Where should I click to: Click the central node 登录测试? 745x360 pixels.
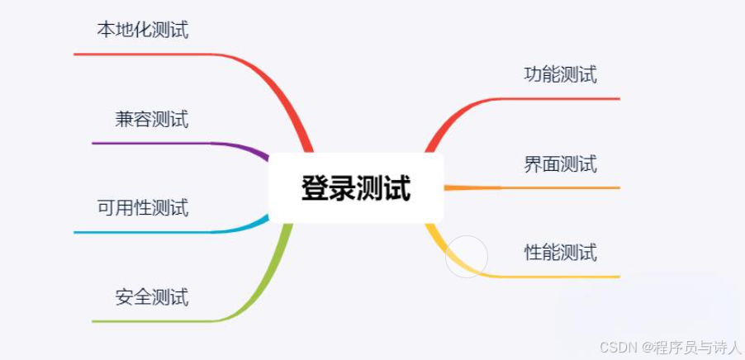click(356, 187)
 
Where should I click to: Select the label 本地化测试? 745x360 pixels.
click(143, 31)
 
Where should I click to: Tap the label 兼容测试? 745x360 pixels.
click(152, 119)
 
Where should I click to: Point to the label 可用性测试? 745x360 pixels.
click(143, 207)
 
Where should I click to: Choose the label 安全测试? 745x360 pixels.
click(152, 296)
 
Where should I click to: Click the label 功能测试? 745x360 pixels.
click(560, 74)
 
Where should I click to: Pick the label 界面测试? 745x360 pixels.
click(560, 163)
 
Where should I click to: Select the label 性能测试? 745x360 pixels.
click(560, 252)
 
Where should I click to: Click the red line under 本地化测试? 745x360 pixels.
click(140, 54)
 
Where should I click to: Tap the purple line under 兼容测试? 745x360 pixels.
click(149, 144)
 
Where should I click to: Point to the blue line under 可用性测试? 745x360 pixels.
click(140, 232)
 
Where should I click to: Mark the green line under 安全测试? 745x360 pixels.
click(149, 320)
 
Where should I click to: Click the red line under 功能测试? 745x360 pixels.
click(562, 99)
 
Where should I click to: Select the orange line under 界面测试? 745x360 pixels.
click(562, 188)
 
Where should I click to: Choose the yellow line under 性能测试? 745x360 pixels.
click(562, 277)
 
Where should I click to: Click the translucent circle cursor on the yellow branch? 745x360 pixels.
click(467, 256)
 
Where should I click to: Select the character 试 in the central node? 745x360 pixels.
click(397, 188)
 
